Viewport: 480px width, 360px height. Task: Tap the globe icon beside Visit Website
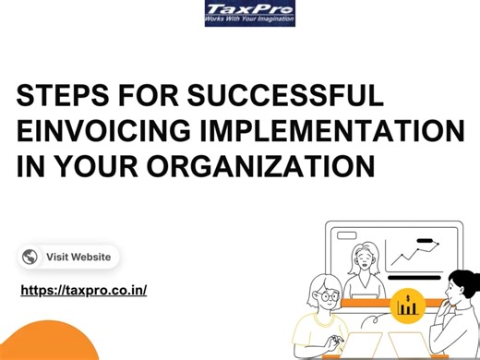[30, 258]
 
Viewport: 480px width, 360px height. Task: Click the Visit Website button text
[78, 258]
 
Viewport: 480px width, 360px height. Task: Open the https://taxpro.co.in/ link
[83, 290]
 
